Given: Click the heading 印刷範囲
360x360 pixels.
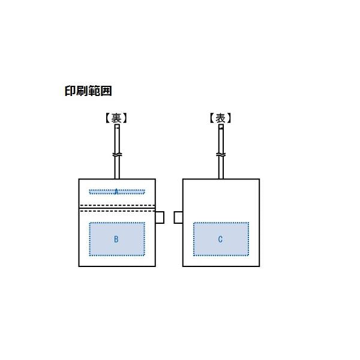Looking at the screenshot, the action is (88, 91).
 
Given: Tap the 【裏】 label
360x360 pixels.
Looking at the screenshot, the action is (116, 118).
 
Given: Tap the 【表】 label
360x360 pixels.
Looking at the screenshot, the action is (220, 118).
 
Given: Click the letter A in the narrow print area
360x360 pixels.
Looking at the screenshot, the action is (116, 191).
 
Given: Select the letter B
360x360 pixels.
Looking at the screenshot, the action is (116, 239).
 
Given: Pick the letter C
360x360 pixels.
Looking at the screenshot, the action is (220, 239).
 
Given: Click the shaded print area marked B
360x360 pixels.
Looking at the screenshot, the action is (117, 239).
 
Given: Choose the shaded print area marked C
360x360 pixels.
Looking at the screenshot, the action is (221, 239).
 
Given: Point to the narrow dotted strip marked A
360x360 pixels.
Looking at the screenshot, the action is (117, 192).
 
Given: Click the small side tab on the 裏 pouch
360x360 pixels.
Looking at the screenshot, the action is (160, 217).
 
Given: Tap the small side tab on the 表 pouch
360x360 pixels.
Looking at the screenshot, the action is (178, 217).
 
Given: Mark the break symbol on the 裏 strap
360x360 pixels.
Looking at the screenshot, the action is (117, 155).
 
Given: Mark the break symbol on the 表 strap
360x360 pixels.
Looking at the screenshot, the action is (221, 155).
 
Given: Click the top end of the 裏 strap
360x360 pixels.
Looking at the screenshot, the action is (117, 125).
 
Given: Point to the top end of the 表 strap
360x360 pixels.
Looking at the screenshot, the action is (221, 125).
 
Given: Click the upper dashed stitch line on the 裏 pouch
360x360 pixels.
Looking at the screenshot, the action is (117, 205).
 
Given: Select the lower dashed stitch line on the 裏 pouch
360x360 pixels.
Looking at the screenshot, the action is (117, 211).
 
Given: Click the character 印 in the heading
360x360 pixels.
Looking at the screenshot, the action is (70, 91).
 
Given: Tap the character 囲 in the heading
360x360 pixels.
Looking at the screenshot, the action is (106, 91).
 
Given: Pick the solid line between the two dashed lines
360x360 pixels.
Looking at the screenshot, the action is (117, 208).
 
